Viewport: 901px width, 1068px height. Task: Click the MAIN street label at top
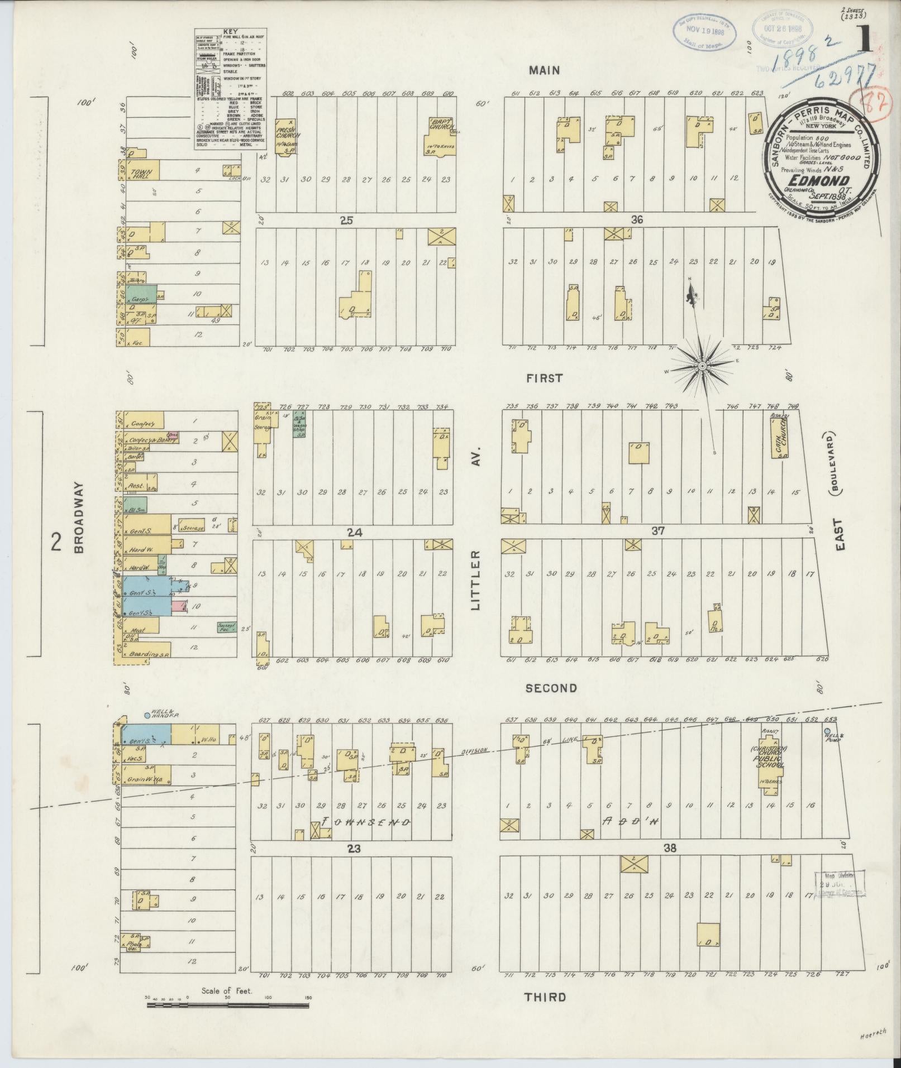pyautogui.click(x=544, y=70)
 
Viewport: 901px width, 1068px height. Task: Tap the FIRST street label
pyautogui.click(x=545, y=378)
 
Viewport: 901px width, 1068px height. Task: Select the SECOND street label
pyautogui.click(x=551, y=688)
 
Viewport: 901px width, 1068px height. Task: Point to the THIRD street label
pyautogui.click(x=545, y=997)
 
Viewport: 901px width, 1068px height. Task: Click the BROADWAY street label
pyautogui.click(x=79, y=518)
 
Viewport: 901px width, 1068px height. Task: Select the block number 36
pyautogui.click(x=637, y=220)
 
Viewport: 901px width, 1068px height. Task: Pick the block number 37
pyautogui.click(x=657, y=530)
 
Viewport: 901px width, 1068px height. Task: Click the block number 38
pyautogui.click(x=670, y=849)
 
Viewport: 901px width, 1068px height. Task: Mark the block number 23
pyautogui.click(x=354, y=849)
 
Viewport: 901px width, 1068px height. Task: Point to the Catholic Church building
pyautogui.click(x=780, y=439)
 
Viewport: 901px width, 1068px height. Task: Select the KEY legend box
pyautogui.click(x=230, y=89)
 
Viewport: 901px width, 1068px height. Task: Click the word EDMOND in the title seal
pyautogui.click(x=819, y=180)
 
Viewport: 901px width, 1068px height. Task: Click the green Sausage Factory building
pyautogui.click(x=225, y=627)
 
